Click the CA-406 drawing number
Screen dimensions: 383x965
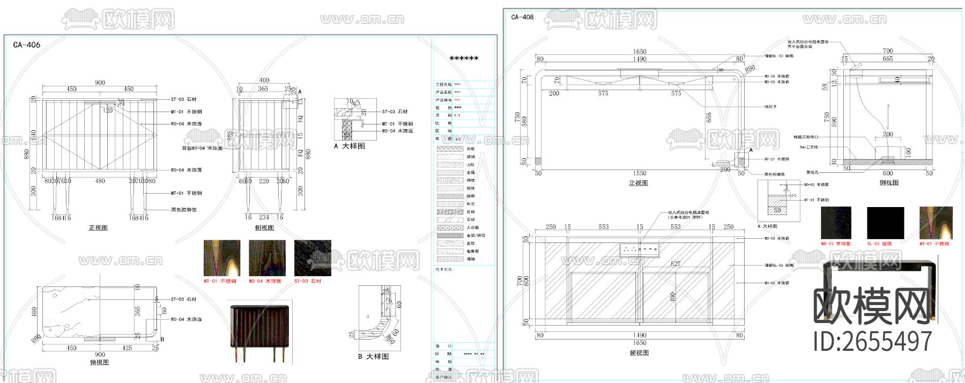(x=26, y=45)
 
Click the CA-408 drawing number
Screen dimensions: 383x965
(x=522, y=17)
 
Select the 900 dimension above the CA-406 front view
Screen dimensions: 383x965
(x=100, y=83)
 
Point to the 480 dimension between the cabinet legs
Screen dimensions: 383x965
(x=100, y=181)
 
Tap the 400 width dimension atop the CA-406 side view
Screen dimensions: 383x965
(x=264, y=80)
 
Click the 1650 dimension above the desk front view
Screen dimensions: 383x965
(x=640, y=52)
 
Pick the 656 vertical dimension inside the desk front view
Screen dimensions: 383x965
(x=709, y=116)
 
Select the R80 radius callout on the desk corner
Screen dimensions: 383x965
(x=749, y=69)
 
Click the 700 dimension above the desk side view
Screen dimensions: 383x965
(x=888, y=51)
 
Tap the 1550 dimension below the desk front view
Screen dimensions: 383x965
(x=640, y=173)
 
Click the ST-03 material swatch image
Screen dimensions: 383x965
(x=313, y=258)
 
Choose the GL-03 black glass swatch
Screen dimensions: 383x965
(x=885, y=223)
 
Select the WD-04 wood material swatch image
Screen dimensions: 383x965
(x=266, y=258)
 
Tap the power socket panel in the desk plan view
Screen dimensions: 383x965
(x=639, y=249)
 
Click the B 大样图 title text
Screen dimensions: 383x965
(x=373, y=356)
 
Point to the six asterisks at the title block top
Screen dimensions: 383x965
(x=464, y=58)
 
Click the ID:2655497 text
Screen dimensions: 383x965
(x=872, y=341)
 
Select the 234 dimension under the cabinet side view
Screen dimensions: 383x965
(x=264, y=217)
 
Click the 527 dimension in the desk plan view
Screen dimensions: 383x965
(x=675, y=264)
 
